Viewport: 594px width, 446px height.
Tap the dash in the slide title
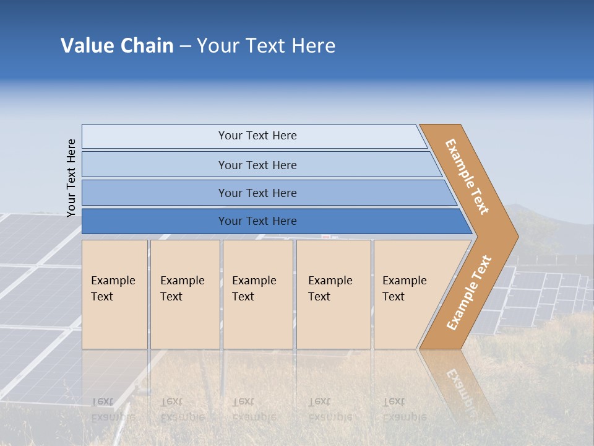click(185, 46)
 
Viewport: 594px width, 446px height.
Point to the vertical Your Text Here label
click(71, 178)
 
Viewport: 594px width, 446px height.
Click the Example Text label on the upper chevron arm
click(467, 177)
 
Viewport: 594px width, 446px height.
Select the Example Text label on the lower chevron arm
click(469, 293)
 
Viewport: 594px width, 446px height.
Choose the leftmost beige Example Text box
click(114, 294)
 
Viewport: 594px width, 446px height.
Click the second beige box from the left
click(184, 294)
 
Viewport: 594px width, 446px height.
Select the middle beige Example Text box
click(257, 294)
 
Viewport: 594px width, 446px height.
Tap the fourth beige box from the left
click(334, 294)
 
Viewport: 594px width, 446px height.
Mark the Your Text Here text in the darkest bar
click(257, 221)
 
